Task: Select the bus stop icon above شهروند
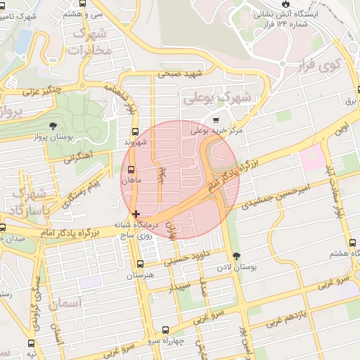click(x=134, y=131)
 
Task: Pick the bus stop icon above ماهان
click(x=131, y=169)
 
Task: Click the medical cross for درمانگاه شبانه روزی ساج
click(x=136, y=214)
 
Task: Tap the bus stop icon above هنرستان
click(x=141, y=264)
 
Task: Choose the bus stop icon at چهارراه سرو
click(x=165, y=329)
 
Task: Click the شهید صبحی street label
click(x=180, y=73)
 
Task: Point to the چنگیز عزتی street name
click(x=42, y=91)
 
